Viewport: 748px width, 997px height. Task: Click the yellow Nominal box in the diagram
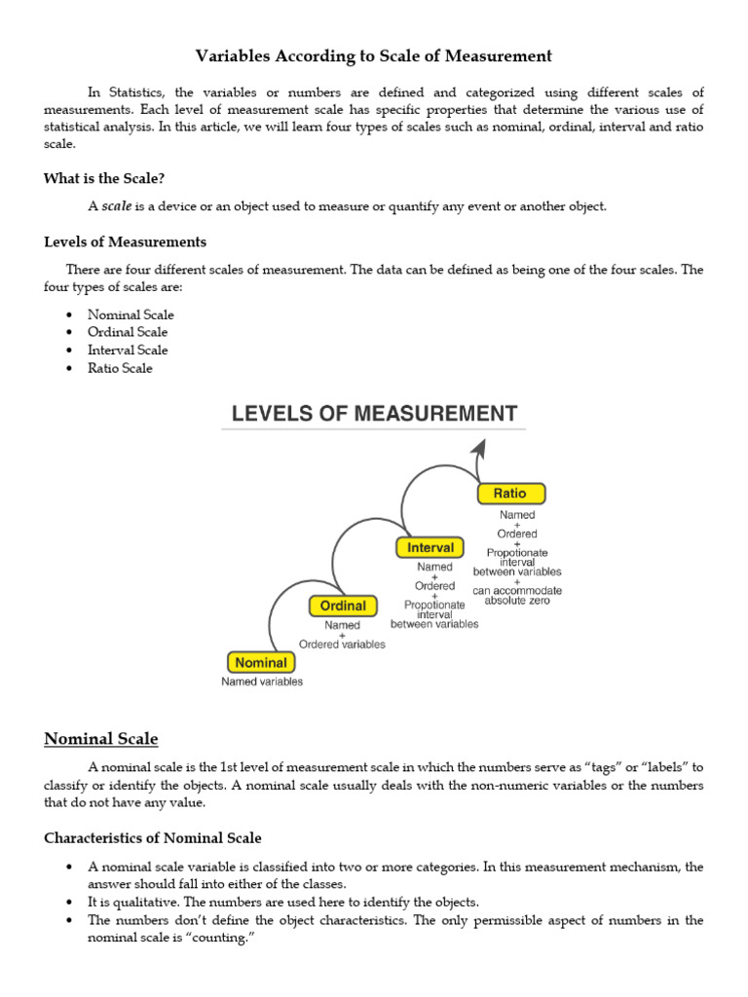(x=261, y=662)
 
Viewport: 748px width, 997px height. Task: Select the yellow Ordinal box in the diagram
(x=343, y=606)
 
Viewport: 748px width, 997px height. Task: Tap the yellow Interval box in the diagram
(x=430, y=547)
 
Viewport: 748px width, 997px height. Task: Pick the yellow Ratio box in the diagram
(x=510, y=494)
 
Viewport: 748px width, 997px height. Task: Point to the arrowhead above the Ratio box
(x=478, y=447)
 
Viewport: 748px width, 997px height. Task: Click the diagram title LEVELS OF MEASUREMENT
(x=374, y=414)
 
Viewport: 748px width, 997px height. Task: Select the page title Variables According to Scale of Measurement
(x=374, y=56)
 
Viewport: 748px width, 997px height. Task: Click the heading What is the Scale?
(x=111, y=178)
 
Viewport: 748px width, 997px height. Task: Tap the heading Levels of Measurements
(x=125, y=241)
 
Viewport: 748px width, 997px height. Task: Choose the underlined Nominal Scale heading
(x=101, y=739)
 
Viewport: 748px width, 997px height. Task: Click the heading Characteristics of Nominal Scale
(x=152, y=837)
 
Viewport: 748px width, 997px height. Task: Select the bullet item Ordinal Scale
(x=128, y=332)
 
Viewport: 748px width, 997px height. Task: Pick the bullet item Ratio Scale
(x=120, y=368)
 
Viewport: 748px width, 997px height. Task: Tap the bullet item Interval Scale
(x=128, y=350)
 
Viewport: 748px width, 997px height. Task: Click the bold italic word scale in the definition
(x=117, y=206)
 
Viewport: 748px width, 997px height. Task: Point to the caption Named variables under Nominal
(x=262, y=682)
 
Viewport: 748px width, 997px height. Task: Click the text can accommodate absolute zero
(x=517, y=595)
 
